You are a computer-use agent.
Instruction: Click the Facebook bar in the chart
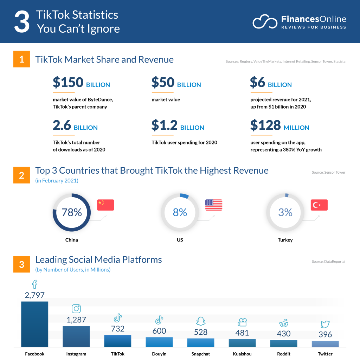[x=34, y=324]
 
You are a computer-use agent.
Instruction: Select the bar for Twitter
[x=325, y=343]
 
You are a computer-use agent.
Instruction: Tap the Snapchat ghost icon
[x=201, y=321]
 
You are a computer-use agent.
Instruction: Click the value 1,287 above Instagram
[x=76, y=320]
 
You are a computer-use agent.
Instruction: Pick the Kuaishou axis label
[x=242, y=354]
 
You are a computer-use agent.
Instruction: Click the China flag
[x=105, y=205]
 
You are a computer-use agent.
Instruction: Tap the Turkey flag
[x=319, y=205]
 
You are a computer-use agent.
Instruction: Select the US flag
[x=214, y=205]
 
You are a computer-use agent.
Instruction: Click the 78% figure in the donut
[x=72, y=212]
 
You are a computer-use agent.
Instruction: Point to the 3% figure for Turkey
[x=285, y=212]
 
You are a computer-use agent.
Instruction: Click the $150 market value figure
[x=68, y=82]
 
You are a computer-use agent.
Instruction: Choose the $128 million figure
[x=265, y=125]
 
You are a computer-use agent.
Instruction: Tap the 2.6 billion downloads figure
[x=62, y=125]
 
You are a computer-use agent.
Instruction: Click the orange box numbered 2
[x=22, y=175]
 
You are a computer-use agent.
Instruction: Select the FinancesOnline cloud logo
[x=265, y=21]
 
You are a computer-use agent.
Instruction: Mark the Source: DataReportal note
[x=328, y=262]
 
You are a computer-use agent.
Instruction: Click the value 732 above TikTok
[x=117, y=329]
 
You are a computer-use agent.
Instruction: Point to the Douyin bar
[x=159, y=342]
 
